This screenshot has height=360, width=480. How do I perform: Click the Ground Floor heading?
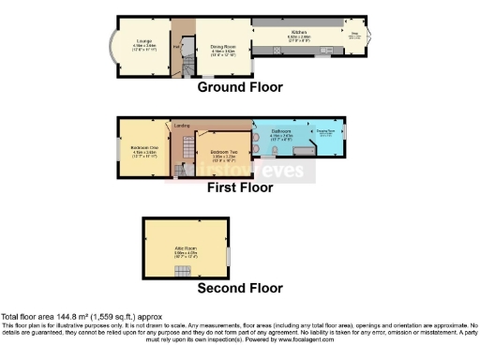point(239,87)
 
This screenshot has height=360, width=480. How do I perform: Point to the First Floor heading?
point(239,187)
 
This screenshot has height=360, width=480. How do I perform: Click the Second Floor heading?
point(239,288)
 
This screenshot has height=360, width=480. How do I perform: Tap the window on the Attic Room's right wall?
point(229,255)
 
